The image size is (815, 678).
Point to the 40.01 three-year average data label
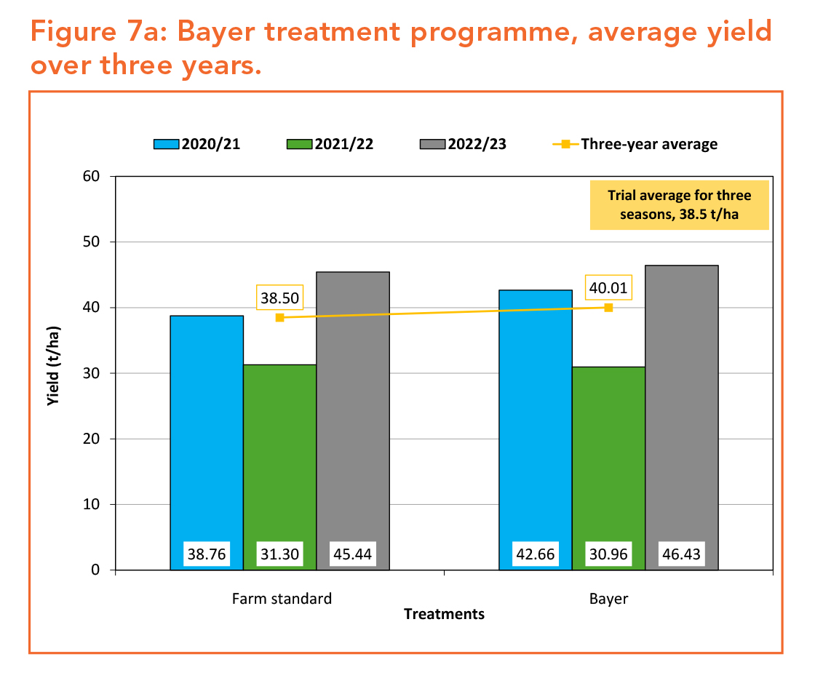tap(608, 287)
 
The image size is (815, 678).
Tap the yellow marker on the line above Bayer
tap(608, 308)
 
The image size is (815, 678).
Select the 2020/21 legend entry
tap(196, 144)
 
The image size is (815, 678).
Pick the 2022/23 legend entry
tap(464, 144)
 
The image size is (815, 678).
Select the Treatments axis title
tap(444, 615)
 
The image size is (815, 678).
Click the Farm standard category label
tap(282, 599)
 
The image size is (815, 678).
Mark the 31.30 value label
tap(279, 554)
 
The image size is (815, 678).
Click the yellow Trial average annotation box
tap(679, 204)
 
